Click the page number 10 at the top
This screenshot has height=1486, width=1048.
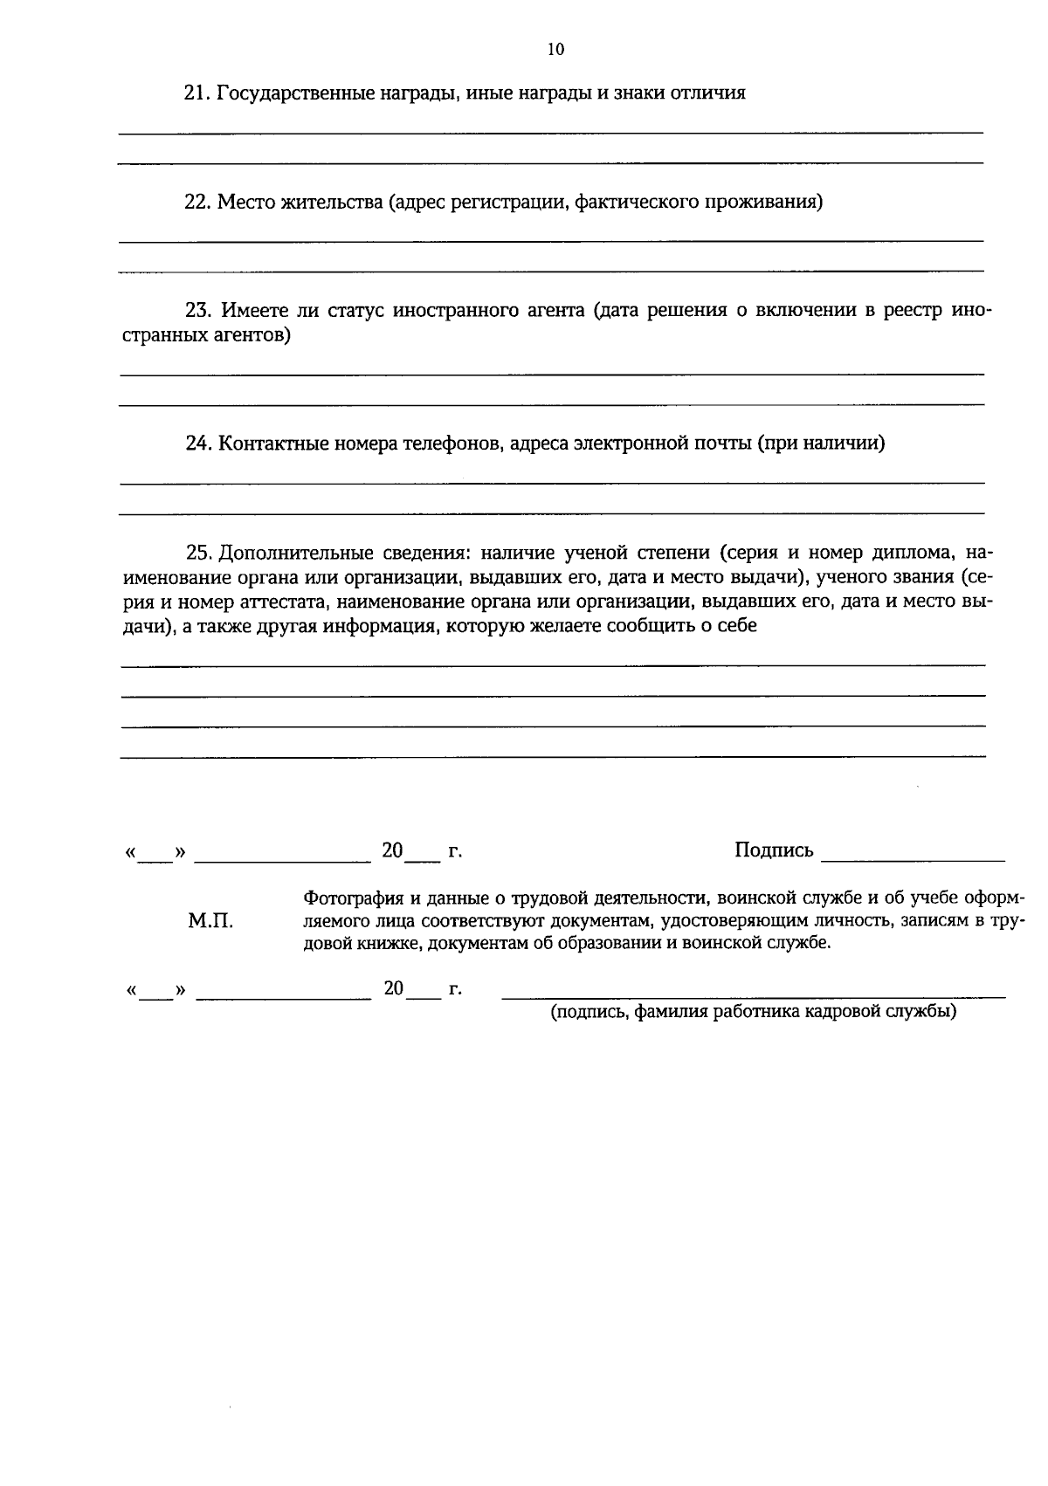(555, 50)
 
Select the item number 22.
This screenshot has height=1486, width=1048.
(196, 203)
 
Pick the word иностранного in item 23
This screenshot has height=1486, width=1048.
(452, 311)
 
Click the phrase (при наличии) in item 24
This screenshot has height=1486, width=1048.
(821, 444)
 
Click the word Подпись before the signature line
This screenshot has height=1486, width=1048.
(774, 850)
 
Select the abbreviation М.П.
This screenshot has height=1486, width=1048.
(210, 921)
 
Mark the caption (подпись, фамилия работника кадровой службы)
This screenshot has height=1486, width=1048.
(753, 1012)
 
